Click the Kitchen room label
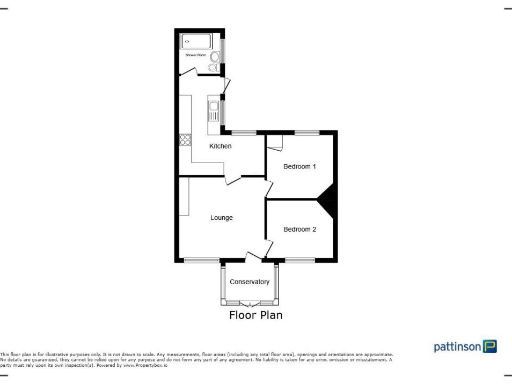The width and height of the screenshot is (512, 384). (x=220, y=147)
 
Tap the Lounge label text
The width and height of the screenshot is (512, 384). (x=221, y=217)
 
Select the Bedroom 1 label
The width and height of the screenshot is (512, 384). (x=299, y=166)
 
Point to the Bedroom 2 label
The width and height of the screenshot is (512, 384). (x=299, y=230)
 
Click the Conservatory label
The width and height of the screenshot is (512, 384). (x=249, y=282)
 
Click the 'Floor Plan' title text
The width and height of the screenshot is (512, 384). (x=256, y=315)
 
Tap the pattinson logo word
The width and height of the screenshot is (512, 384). (x=455, y=347)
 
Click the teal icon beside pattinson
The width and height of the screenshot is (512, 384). (x=490, y=347)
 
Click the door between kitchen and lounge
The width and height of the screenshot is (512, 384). (x=232, y=179)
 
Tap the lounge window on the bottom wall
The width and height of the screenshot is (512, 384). (x=198, y=260)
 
